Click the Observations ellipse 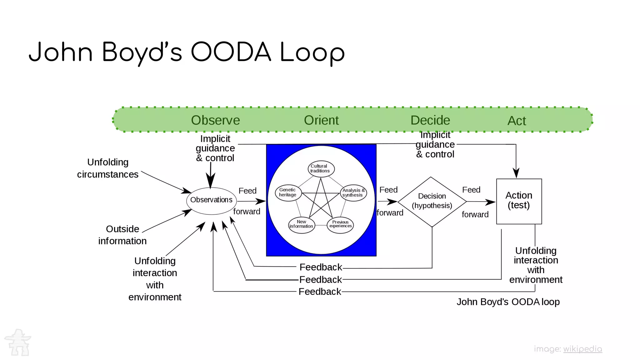click(212, 201)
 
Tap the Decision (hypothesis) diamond click(432, 202)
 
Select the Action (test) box click(519, 201)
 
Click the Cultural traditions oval click(321, 169)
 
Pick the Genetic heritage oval click(288, 192)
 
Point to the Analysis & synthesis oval click(353, 193)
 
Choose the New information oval click(302, 225)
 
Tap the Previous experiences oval click(340, 225)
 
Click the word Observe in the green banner click(215, 120)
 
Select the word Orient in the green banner click(321, 120)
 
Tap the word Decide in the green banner click(430, 120)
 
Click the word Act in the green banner click(517, 121)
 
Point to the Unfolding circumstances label click(108, 168)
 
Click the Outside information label click(122, 235)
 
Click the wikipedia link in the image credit click(582, 349)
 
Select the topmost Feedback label click(321, 267)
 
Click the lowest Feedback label click(320, 292)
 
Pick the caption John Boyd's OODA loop click(508, 302)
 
